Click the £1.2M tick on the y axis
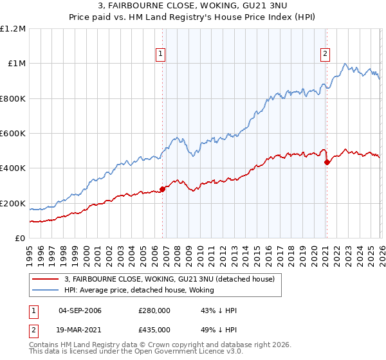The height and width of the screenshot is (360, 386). click(13, 29)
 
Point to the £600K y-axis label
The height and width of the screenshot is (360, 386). click(13, 134)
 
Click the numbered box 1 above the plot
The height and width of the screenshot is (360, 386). click(160, 54)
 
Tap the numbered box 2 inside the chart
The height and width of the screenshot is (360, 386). click(326, 54)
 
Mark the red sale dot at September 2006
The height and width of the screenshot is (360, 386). click(162, 189)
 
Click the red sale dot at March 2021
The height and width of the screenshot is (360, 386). click(327, 162)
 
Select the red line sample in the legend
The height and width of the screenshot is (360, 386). click(46, 279)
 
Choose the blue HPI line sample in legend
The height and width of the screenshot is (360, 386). click(46, 290)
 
